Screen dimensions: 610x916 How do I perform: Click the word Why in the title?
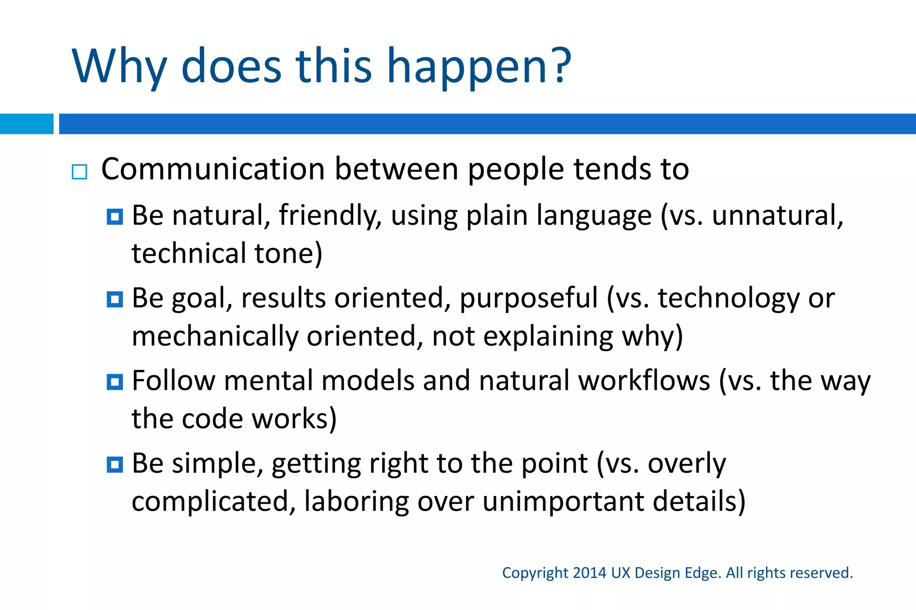point(119,67)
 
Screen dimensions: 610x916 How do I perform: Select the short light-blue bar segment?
point(26,124)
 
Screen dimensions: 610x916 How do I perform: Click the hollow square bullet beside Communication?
point(79,172)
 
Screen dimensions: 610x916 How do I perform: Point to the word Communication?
point(213,169)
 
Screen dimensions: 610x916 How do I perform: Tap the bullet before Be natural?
point(115,217)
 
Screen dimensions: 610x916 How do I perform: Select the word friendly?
point(330,215)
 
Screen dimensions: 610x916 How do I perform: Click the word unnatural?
point(777,215)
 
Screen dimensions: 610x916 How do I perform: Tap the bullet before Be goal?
point(115,299)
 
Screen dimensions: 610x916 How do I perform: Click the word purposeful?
point(528,299)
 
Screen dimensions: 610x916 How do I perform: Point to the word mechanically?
point(215,337)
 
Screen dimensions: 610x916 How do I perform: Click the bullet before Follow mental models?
point(115,382)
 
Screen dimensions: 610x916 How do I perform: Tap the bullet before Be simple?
point(115,465)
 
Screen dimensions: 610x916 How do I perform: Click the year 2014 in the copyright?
point(589,573)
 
